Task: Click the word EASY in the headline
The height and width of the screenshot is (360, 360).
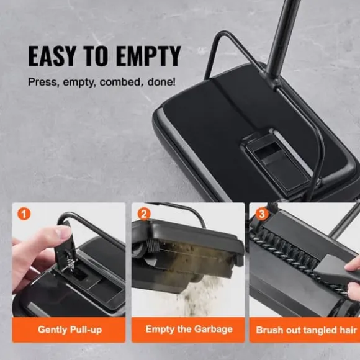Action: click(x=52, y=56)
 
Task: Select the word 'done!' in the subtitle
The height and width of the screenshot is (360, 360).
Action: click(x=161, y=82)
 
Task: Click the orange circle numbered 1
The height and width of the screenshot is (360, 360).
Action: click(x=24, y=214)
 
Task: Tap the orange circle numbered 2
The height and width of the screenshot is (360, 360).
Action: click(x=144, y=214)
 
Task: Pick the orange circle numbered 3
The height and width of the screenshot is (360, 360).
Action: click(x=262, y=214)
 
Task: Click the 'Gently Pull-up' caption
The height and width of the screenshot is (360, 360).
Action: click(x=70, y=330)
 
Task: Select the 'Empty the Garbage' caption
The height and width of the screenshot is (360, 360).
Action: click(x=189, y=329)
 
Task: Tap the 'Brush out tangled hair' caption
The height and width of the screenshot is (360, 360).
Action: click(x=306, y=330)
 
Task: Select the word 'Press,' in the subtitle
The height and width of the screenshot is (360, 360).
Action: click(x=42, y=82)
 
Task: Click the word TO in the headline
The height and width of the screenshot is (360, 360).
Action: click(x=96, y=56)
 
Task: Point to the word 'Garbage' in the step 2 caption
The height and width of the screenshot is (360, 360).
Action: click(x=214, y=330)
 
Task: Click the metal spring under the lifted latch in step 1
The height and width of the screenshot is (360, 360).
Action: click(x=68, y=261)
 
